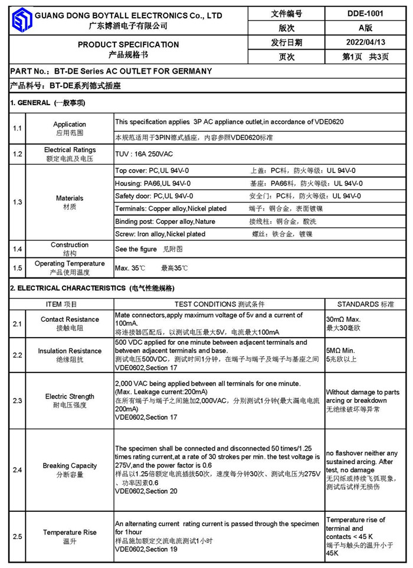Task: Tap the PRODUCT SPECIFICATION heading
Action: [128, 44]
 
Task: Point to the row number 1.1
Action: [18, 128]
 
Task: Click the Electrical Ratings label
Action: [70, 150]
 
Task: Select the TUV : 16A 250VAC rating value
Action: [144, 154]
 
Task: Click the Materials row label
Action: [70, 198]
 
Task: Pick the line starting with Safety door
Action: [153, 196]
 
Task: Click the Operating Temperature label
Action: [70, 263]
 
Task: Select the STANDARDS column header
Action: [365, 304]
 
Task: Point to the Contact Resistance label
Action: [70, 319]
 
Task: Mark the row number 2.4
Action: [18, 470]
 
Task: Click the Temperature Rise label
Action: [70, 532]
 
